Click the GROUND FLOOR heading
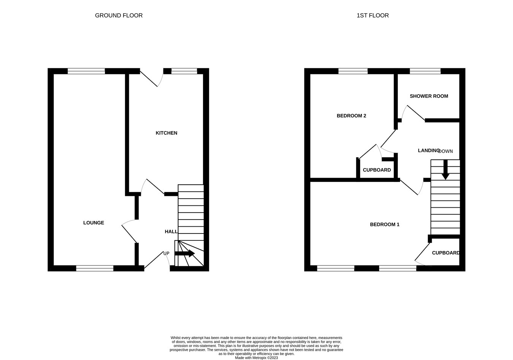click(119, 16)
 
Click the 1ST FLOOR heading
click(372, 16)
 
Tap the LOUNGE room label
click(93, 223)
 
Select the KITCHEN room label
click(166, 133)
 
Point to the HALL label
click(171, 232)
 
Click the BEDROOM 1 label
click(385, 224)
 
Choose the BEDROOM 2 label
click(351, 116)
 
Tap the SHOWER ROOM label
click(429, 96)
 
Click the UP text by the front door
click(166, 254)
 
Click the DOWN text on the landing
click(446, 151)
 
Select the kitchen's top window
click(184, 71)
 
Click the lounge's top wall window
click(86, 71)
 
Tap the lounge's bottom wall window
click(95, 268)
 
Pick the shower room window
click(425, 71)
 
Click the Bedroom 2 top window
click(353, 71)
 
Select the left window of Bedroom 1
click(336, 268)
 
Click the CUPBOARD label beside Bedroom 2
click(377, 170)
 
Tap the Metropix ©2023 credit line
click(256, 358)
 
